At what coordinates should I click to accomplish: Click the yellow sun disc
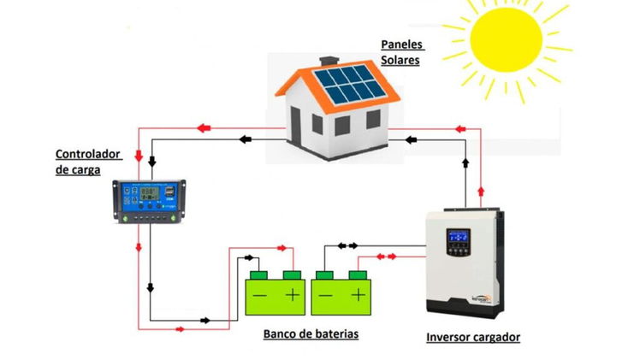click(507, 40)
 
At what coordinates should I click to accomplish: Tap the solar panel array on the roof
click(350, 85)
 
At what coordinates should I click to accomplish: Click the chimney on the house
click(329, 62)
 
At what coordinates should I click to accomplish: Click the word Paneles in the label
click(402, 44)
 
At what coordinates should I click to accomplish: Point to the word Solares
click(400, 60)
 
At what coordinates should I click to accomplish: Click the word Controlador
click(88, 154)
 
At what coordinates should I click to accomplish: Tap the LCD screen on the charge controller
click(150, 193)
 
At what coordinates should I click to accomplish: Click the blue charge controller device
click(149, 202)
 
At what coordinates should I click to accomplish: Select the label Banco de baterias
click(311, 333)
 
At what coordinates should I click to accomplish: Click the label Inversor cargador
click(473, 337)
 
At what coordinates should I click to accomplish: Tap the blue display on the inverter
click(458, 236)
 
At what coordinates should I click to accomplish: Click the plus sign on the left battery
click(293, 294)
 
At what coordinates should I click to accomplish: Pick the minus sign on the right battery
click(325, 295)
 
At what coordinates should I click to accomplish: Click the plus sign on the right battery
click(359, 294)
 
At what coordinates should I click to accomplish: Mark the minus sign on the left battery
click(259, 295)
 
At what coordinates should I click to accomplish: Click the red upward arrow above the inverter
click(481, 192)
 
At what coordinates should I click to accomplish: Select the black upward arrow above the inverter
click(465, 162)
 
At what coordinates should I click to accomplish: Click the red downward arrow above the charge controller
click(139, 156)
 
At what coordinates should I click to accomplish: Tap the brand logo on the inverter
click(482, 298)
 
